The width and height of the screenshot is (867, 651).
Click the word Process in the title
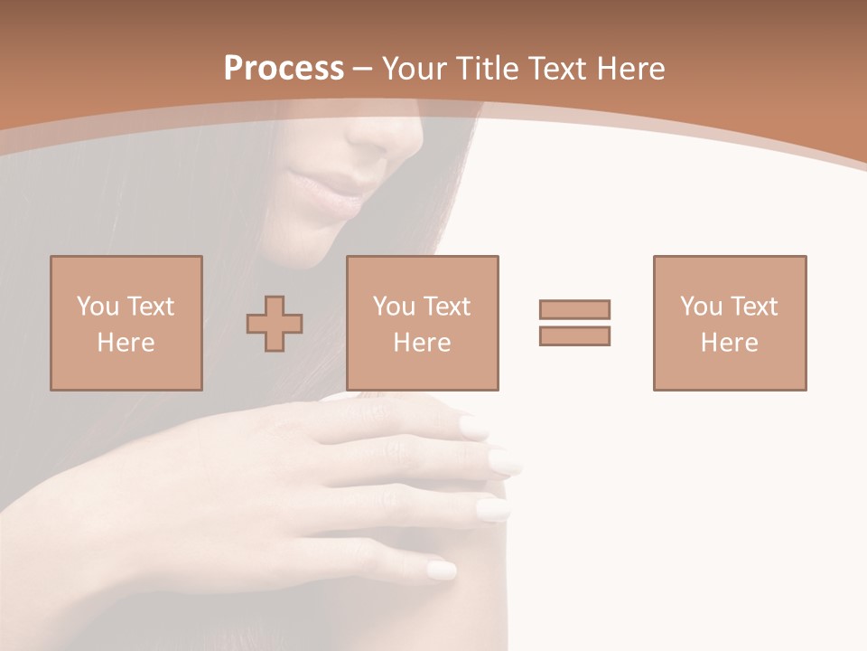tap(284, 69)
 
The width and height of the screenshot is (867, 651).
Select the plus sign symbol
tap(275, 324)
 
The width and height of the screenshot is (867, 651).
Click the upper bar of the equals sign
tap(574, 309)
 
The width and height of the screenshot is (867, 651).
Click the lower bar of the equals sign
tap(574, 336)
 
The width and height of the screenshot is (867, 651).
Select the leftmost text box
tap(126, 323)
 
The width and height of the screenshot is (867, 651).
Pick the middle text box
tap(422, 323)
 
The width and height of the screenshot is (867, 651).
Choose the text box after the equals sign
tap(729, 323)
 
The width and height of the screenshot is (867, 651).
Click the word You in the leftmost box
tap(96, 306)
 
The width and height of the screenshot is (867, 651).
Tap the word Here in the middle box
tap(422, 343)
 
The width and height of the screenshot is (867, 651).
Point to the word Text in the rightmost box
tap(754, 306)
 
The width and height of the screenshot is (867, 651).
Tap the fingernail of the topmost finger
tap(473, 427)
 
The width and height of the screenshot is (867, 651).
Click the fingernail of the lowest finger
tap(441, 570)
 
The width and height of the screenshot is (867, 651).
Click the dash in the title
tap(363, 69)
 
